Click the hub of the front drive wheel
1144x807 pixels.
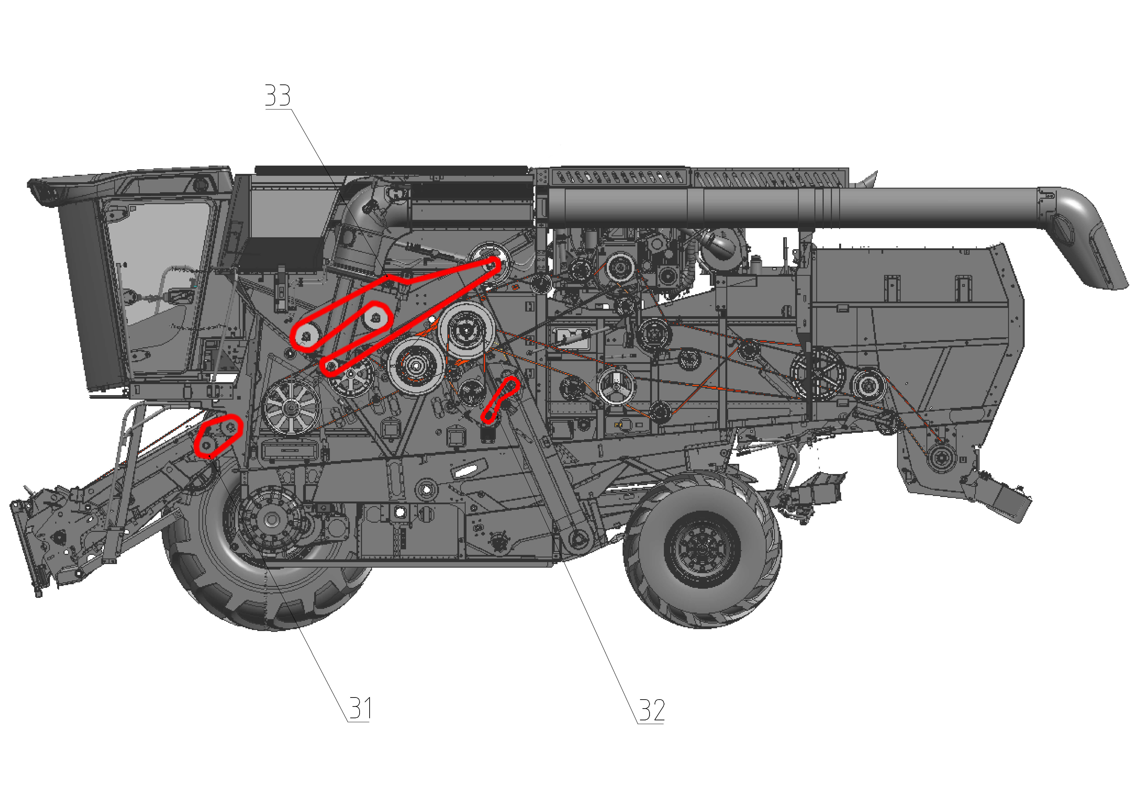[x=271, y=520]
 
